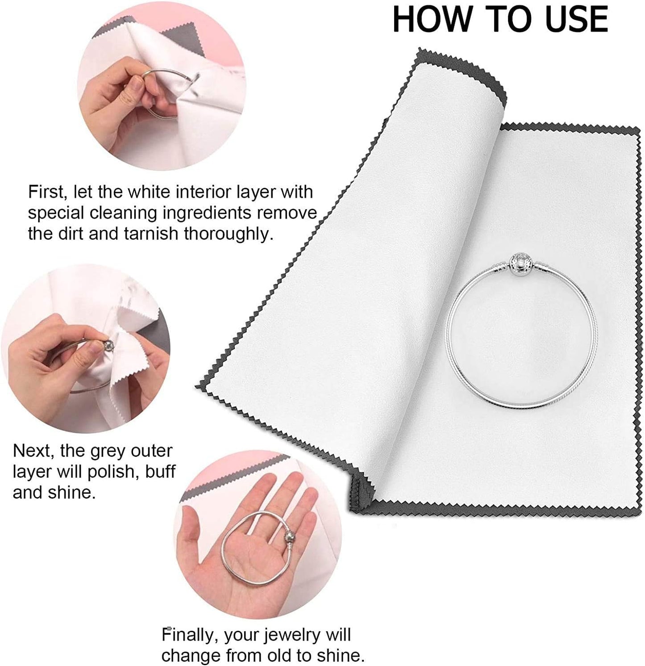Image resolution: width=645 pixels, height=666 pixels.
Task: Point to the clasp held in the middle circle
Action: (x=108, y=344)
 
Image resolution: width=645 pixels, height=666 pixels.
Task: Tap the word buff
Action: (x=161, y=472)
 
